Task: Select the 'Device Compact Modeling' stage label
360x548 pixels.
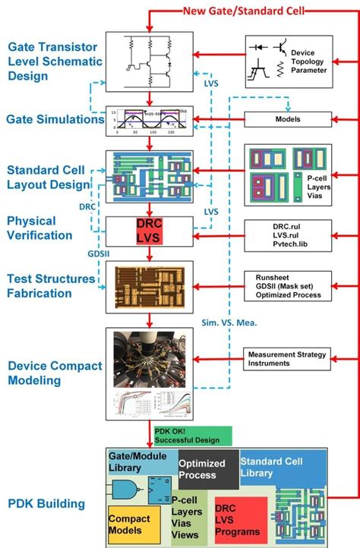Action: [54, 373]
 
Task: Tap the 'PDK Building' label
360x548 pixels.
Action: [47, 503]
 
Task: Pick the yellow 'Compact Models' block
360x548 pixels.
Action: [133, 524]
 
